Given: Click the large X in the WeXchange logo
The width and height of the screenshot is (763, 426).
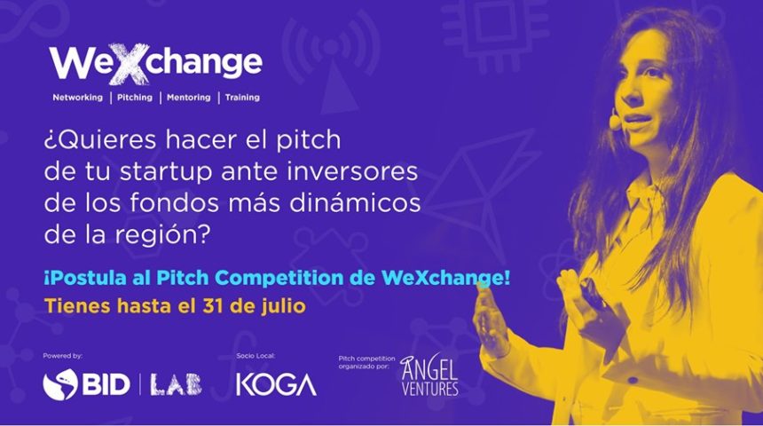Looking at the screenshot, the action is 129,64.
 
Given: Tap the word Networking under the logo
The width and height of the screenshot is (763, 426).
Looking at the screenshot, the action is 78,98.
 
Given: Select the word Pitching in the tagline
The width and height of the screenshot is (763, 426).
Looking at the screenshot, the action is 135,98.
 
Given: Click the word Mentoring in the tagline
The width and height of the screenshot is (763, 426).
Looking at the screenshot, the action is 189,98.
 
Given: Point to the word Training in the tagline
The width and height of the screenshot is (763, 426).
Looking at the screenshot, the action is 242,98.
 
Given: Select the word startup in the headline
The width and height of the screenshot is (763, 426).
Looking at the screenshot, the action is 167,172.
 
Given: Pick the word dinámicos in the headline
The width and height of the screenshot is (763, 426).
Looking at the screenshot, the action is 355,203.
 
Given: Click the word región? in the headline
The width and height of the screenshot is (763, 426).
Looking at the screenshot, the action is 162,236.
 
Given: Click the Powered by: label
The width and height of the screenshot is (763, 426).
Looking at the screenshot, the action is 63,356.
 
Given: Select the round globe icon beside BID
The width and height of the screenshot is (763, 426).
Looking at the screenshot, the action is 60,384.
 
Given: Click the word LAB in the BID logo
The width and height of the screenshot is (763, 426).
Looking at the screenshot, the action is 176,384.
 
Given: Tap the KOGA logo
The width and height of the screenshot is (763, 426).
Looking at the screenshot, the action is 276,384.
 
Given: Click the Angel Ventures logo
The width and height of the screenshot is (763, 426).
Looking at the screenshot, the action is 429,375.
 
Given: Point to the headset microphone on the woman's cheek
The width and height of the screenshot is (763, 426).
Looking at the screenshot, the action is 615,119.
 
